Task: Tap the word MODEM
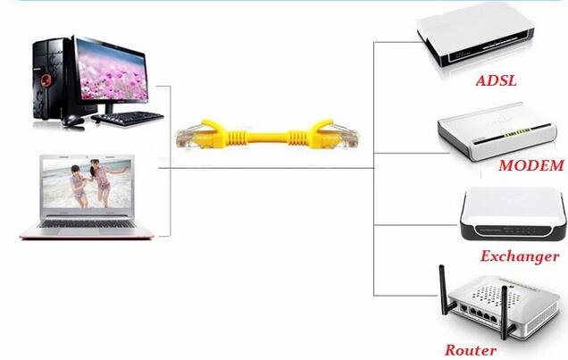(x=530, y=165)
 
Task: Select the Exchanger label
(x=519, y=256)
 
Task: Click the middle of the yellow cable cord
(x=268, y=139)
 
